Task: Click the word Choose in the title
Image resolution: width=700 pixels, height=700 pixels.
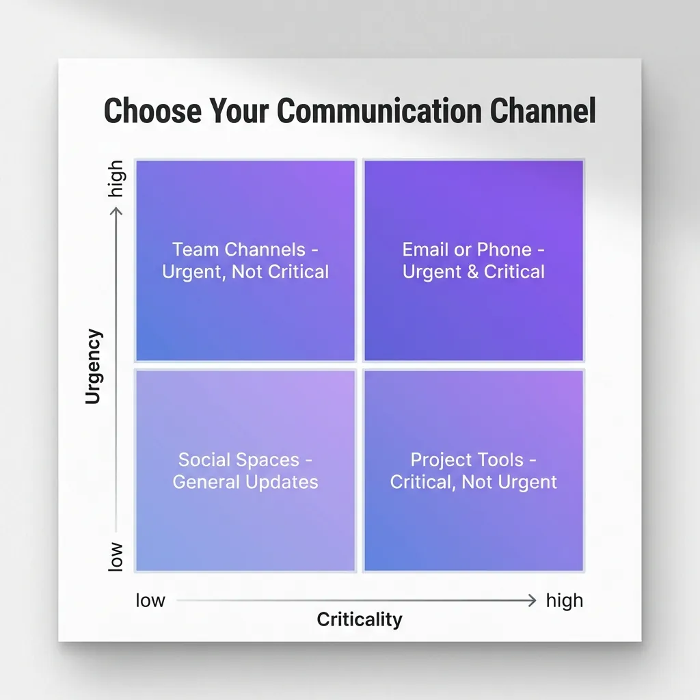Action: tap(152, 111)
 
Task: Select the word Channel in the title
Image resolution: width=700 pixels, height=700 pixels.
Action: tap(543, 111)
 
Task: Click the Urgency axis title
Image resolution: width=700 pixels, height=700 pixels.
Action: tap(94, 366)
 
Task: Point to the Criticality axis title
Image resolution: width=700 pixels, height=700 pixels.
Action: tap(360, 619)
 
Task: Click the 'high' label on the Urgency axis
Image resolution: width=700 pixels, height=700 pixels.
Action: tap(117, 179)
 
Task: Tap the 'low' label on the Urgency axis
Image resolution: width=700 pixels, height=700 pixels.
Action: tap(117, 556)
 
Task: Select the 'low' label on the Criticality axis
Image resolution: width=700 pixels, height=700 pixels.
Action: tap(150, 600)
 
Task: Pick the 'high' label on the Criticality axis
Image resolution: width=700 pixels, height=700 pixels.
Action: tap(565, 600)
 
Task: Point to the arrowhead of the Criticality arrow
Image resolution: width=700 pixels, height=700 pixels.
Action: tap(532, 600)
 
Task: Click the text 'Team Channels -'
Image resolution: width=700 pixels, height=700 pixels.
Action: tap(245, 250)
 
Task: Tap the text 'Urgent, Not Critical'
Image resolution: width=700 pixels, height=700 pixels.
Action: tap(245, 271)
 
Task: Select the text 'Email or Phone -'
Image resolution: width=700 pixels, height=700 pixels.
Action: tap(474, 250)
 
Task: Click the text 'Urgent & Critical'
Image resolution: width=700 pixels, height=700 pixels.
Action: tap(474, 271)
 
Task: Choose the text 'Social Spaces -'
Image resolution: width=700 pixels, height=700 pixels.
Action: tap(245, 459)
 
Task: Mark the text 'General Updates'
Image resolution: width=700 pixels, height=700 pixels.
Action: tap(245, 481)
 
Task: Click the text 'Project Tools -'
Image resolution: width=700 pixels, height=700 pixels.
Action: tap(474, 459)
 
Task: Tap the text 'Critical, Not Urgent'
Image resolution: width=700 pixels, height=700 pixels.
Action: tap(474, 481)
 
